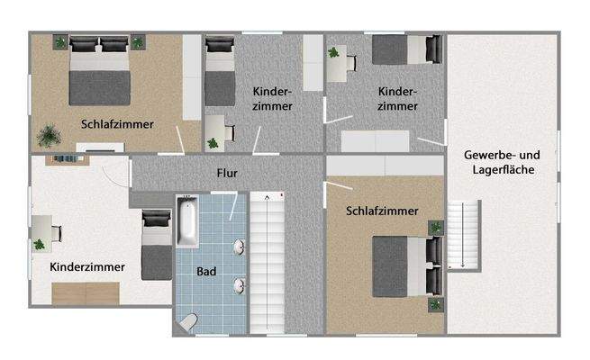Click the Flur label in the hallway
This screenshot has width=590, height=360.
[x=226, y=173]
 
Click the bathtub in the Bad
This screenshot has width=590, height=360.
[x=187, y=222]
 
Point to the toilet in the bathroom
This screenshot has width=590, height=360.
[x=189, y=321]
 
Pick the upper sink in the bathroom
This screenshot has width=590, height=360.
[x=241, y=247]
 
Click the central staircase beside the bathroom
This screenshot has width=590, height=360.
[x=268, y=261]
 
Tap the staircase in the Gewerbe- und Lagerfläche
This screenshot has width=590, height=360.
[x=458, y=234]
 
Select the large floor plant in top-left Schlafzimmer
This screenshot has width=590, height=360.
[x=48, y=135]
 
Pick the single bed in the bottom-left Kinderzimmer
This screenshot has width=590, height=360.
[x=156, y=244]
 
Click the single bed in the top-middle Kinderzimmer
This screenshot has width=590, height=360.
[x=220, y=76]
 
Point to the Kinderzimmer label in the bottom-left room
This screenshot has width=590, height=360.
[x=87, y=266]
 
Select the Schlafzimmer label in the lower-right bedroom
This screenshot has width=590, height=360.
[x=382, y=211]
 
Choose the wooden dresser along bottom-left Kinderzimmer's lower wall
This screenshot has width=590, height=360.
[x=86, y=292]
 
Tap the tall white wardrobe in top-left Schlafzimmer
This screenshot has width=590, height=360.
[x=192, y=77]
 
